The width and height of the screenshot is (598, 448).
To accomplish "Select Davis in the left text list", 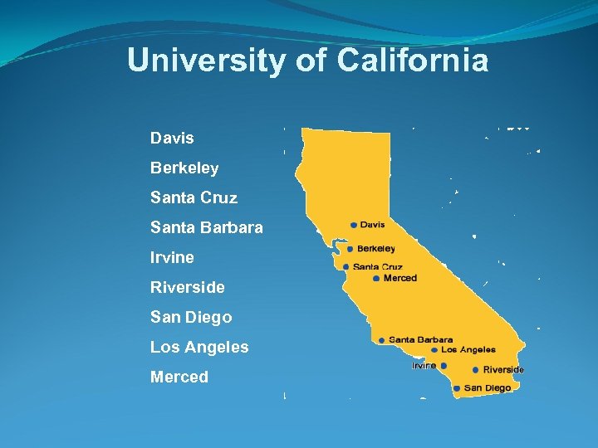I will coord(172,138).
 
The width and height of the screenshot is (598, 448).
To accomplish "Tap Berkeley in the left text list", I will coord(184,168).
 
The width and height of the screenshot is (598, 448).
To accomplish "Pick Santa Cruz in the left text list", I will coord(194,197).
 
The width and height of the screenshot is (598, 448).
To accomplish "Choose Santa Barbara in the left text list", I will coord(207,227).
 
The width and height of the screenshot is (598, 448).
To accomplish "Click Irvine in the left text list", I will coord(172,257).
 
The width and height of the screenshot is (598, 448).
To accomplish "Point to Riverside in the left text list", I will coord(188,287).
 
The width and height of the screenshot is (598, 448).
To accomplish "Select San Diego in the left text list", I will coord(191,317).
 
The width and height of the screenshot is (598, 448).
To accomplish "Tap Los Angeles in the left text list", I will coord(199,347).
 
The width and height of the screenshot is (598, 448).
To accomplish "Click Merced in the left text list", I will coord(179,377).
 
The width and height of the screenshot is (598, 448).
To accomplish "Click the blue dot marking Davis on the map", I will coord(354,225).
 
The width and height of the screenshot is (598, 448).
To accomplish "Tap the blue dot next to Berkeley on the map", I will coord(350,249).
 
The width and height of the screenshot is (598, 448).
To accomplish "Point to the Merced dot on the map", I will coord(376,279).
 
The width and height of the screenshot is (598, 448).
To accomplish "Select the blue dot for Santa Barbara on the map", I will coord(381,340).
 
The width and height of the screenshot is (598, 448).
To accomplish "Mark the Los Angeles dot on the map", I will coord(434,350).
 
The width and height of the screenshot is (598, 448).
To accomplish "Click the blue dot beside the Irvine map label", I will coord(444,366).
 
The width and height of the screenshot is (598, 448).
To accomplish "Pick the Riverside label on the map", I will coord(503,370).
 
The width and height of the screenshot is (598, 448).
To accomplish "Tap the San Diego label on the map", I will coord(488,388).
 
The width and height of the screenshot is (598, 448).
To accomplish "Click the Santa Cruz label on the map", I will coord(377,267).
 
